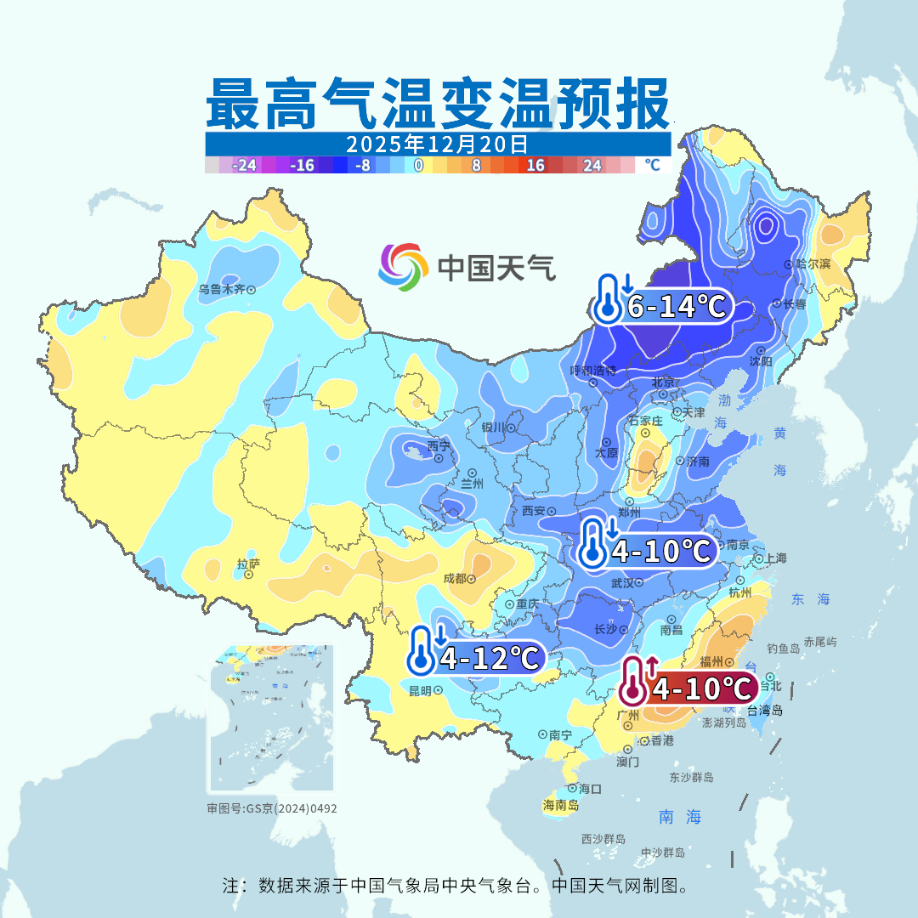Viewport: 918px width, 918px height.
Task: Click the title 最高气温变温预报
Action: tap(438, 105)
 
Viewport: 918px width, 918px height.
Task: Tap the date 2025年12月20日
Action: tap(437, 143)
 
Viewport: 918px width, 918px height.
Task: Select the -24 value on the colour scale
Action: tap(245, 166)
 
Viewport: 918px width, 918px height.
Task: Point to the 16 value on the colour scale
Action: tap(535, 166)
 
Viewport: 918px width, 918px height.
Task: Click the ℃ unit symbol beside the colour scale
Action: tap(652, 165)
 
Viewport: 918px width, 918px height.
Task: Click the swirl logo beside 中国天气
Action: tap(403, 267)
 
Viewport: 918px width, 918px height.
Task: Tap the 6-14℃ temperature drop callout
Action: tap(664, 306)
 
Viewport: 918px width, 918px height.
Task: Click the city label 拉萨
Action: tap(248, 564)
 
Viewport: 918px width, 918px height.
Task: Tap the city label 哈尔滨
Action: tap(813, 264)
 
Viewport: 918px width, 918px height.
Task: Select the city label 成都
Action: tap(455, 579)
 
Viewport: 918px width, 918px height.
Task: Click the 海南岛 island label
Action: tap(561, 805)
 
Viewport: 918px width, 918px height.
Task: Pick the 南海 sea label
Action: tap(680, 817)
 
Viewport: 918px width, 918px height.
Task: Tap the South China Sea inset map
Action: tap(272, 719)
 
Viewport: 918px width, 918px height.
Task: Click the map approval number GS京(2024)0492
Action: tap(272, 808)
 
